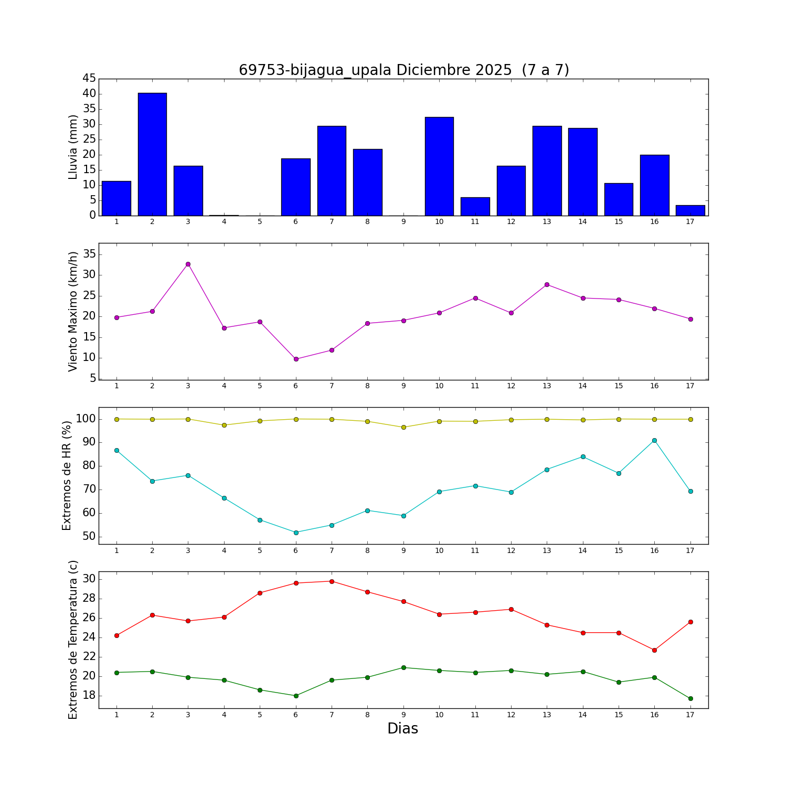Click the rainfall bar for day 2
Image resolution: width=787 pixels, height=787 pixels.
pyautogui.click(x=152, y=154)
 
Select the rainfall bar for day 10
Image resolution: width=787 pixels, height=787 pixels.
pyautogui.click(x=439, y=166)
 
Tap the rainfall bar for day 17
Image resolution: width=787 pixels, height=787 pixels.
pyautogui.click(x=690, y=210)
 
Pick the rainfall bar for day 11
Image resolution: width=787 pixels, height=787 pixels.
pyautogui.click(x=475, y=206)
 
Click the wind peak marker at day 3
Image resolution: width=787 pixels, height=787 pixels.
pyautogui.click(x=188, y=264)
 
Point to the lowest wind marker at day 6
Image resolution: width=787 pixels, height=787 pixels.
pyautogui.click(x=296, y=359)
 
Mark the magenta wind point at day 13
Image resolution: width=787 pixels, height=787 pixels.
pyautogui.click(x=547, y=284)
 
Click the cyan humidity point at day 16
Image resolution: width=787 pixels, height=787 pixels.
pyautogui.click(x=654, y=440)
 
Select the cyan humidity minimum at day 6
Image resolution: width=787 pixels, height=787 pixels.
pyautogui.click(x=296, y=533)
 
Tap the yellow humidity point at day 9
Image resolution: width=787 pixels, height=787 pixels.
pyautogui.click(x=403, y=427)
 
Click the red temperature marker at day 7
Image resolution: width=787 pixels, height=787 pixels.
pyautogui.click(x=332, y=581)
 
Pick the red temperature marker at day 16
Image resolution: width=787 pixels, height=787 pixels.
pyautogui.click(x=654, y=650)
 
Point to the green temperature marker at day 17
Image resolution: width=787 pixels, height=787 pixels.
pyautogui.click(x=690, y=698)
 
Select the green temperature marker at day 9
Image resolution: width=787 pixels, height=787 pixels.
pyautogui.click(x=403, y=667)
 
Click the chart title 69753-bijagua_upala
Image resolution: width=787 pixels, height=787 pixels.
pyautogui.click(x=403, y=70)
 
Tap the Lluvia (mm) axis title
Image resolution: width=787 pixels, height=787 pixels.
pyautogui.click(x=73, y=147)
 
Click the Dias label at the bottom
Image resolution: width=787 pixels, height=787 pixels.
pyautogui.click(x=402, y=728)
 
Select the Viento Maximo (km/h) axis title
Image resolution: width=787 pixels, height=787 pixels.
pyautogui.click(x=73, y=311)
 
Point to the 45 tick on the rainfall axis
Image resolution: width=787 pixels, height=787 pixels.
pyautogui.click(x=89, y=79)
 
